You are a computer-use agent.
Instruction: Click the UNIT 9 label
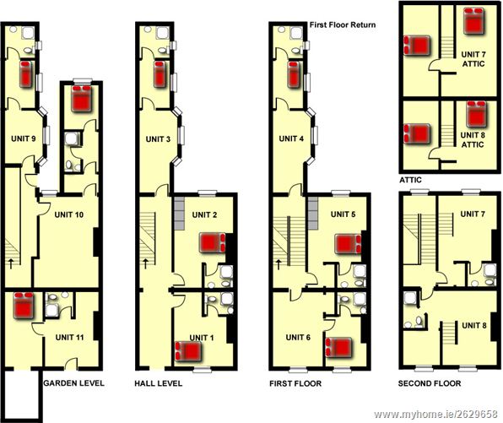(x=23, y=138)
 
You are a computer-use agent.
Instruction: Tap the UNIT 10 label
(x=69, y=214)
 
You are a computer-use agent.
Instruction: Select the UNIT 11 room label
(x=69, y=338)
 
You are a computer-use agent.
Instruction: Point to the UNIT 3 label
(x=158, y=139)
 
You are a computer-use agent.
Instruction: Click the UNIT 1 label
(x=202, y=338)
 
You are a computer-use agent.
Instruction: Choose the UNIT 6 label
(x=298, y=338)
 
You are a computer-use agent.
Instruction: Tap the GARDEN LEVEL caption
(x=73, y=382)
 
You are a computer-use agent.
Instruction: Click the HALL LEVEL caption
(x=159, y=383)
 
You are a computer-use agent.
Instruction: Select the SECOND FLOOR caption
(x=430, y=383)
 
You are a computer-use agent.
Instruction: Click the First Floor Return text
(x=343, y=25)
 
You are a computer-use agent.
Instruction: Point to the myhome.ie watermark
(x=435, y=415)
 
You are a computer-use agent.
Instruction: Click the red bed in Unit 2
(x=213, y=242)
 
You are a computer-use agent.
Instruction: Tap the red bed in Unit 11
(x=24, y=305)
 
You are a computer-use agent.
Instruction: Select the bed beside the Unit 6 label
(x=338, y=347)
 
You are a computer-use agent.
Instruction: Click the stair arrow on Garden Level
(x=11, y=263)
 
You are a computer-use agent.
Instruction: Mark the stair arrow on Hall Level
(x=145, y=263)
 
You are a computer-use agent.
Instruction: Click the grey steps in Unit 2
(x=180, y=214)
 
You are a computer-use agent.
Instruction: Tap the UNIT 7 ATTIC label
(x=473, y=59)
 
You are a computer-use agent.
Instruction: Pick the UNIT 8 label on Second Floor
(x=474, y=325)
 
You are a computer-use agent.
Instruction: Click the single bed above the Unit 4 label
(x=294, y=74)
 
